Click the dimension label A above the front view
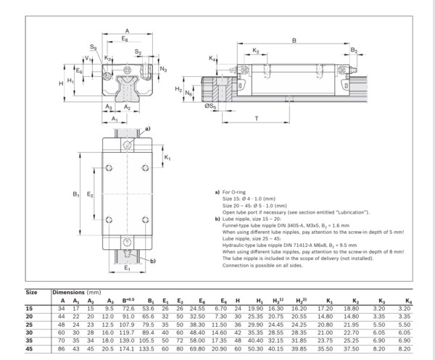pos(128,30)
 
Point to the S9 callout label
pos(83,47)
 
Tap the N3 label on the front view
pos(163,70)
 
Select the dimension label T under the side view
pos(257,118)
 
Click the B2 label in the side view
pos(353,50)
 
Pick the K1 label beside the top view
pos(167,157)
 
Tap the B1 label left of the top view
pos(75,194)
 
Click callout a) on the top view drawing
pos(148,129)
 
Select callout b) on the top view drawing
pos(152,259)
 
